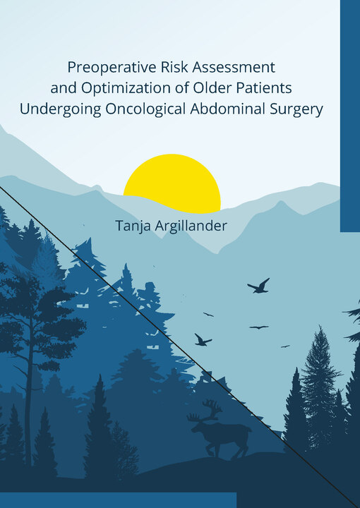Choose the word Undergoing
pyautogui.click(x=61, y=109)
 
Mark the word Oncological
pyautogui.click(x=145, y=109)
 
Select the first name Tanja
pyautogui.click(x=133, y=226)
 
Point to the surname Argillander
pyautogui.click(x=191, y=226)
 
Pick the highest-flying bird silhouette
pyautogui.click(x=258, y=286)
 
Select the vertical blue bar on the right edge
pyautogui.click(x=350, y=116)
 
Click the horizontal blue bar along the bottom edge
pyautogui.click(x=119, y=500)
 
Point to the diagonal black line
pyautogui.click(x=180, y=347)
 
